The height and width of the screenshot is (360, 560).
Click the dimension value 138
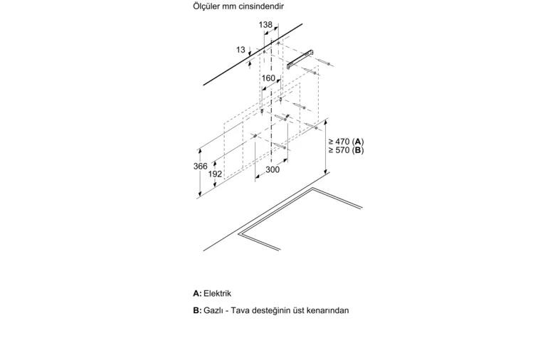(x=265, y=25)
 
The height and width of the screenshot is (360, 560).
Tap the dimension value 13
(x=241, y=50)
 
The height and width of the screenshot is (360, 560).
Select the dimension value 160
(x=268, y=78)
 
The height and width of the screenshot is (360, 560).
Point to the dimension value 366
(x=201, y=166)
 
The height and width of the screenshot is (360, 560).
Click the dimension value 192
(x=215, y=174)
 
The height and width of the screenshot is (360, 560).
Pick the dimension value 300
(x=273, y=169)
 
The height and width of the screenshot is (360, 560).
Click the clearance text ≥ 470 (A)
(x=346, y=141)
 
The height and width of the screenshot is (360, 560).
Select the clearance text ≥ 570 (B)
(x=346, y=150)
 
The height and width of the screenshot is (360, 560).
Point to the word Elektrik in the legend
(x=218, y=294)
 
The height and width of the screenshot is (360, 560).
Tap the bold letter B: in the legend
(x=197, y=310)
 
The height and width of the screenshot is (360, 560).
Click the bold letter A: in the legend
(x=197, y=294)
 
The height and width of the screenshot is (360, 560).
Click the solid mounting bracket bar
(x=300, y=59)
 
